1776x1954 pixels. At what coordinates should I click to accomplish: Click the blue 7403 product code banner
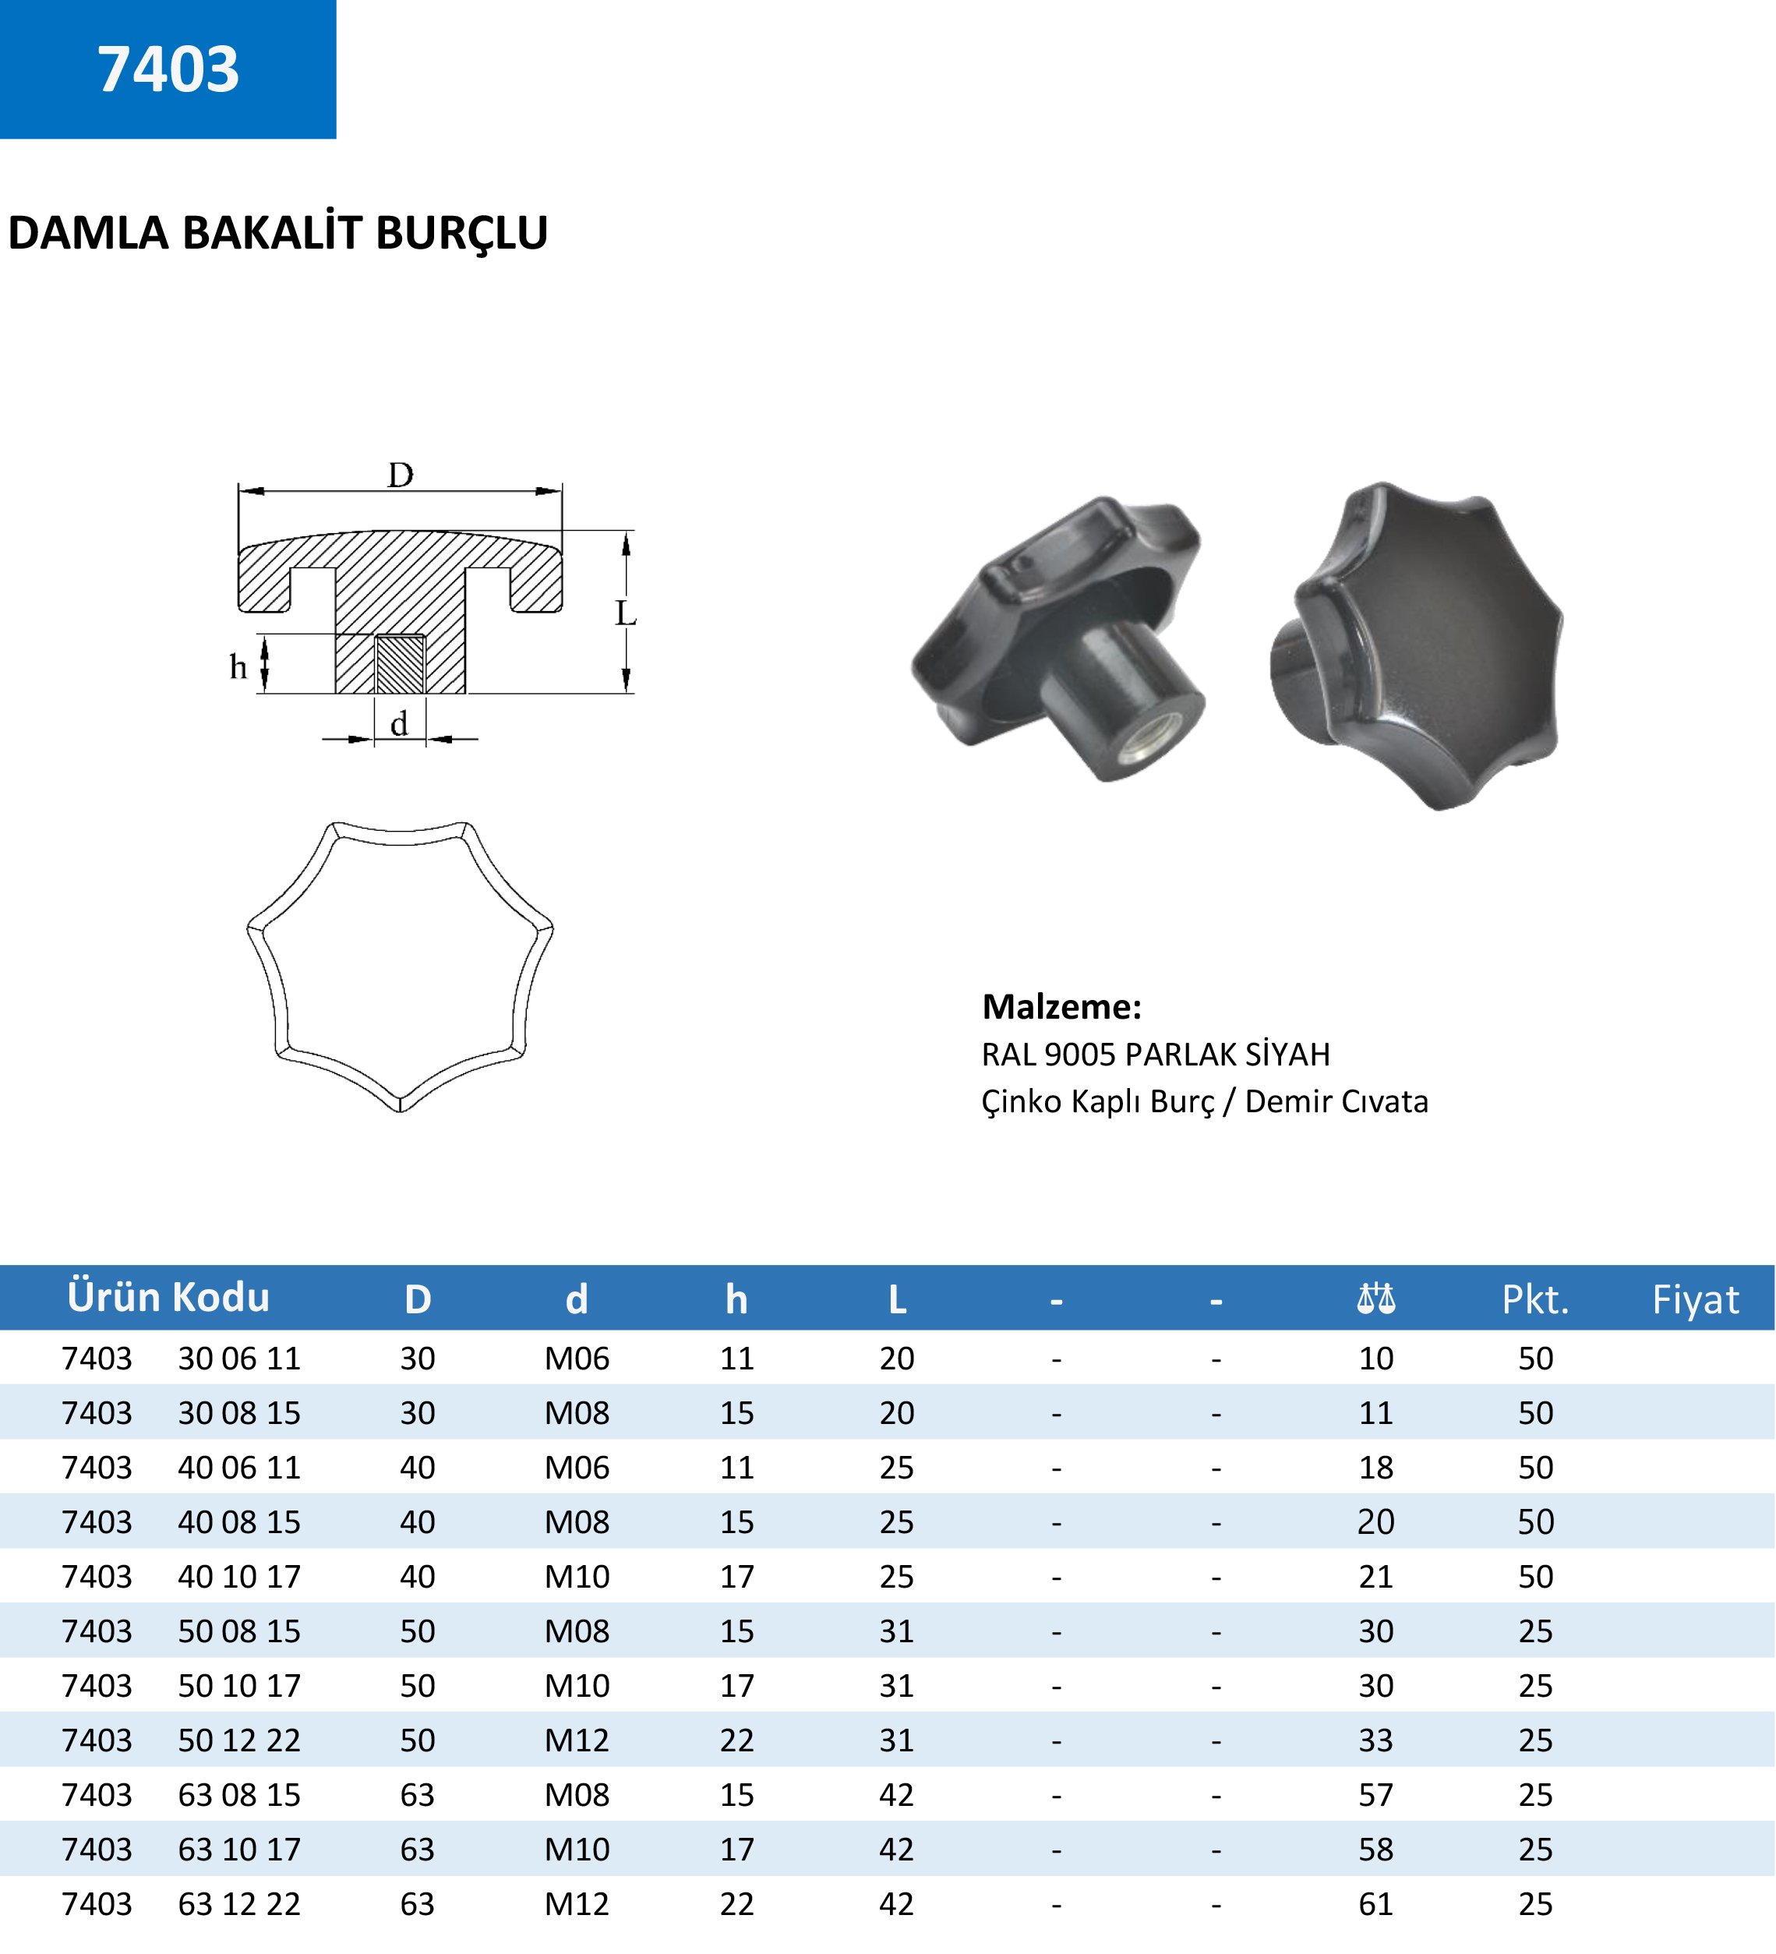[x=168, y=69]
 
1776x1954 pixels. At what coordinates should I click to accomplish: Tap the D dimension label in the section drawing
[x=400, y=475]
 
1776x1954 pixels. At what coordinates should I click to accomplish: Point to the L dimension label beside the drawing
[x=625, y=613]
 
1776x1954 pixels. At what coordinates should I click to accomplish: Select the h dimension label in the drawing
[x=238, y=667]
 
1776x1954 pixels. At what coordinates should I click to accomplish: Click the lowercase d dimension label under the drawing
[x=399, y=723]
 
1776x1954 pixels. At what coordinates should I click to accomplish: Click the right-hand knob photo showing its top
[x=1417, y=645]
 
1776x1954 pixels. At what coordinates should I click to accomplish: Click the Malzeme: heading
[x=1062, y=1007]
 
